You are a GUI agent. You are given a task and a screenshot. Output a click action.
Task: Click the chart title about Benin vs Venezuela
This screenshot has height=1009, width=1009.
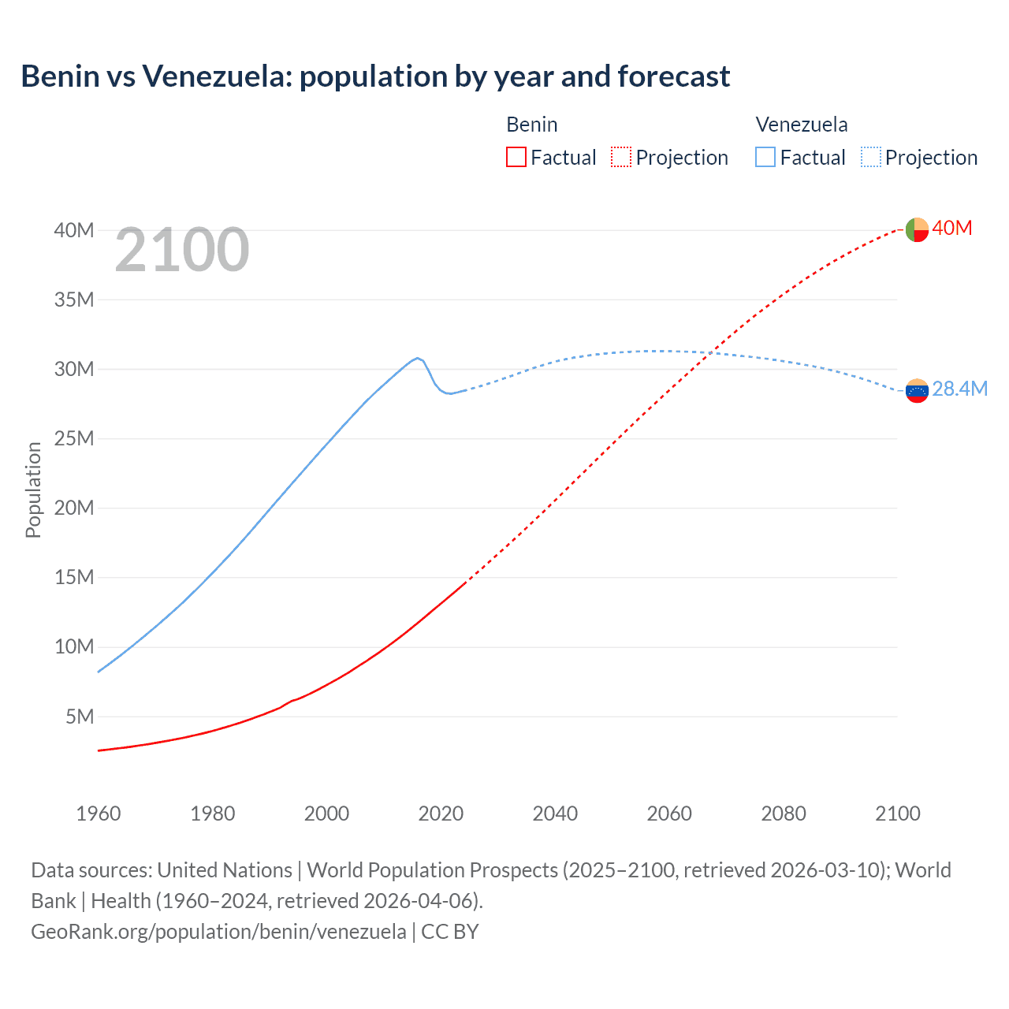(x=375, y=76)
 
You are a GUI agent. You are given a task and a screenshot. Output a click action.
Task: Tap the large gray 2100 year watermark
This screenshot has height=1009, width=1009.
(x=182, y=251)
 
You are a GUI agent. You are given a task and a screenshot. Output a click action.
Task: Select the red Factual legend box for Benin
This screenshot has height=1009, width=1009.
(x=516, y=157)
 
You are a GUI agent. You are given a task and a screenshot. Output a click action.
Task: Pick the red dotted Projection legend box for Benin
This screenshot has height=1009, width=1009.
(x=621, y=157)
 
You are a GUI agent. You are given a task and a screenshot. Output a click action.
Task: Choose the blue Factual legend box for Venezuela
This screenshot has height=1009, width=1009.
(x=765, y=157)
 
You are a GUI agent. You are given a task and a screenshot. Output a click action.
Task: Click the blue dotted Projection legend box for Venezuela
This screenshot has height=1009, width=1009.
(x=871, y=157)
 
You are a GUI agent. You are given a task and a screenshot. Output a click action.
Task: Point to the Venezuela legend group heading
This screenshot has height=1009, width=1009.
(x=802, y=125)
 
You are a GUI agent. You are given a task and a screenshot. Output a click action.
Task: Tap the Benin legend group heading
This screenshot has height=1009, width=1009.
(x=532, y=125)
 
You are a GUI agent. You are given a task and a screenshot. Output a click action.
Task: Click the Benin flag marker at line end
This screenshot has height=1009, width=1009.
(x=917, y=229)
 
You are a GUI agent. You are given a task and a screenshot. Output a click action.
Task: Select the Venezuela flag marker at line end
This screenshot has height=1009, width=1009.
(x=917, y=390)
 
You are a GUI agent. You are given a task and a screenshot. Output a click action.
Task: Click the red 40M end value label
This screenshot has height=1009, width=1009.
(x=952, y=229)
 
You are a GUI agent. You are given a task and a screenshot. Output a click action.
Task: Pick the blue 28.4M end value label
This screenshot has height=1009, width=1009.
(x=960, y=389)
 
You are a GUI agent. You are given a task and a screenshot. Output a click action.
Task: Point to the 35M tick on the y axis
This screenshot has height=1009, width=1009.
(x=74, y=300)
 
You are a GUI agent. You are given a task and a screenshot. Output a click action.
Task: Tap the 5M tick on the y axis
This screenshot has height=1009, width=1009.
(x=80, y=717)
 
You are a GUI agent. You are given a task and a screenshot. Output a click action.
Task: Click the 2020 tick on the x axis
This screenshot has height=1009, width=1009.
(x=441, y=814)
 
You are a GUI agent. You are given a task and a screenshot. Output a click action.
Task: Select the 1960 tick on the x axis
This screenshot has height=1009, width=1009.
(x=99, y=814)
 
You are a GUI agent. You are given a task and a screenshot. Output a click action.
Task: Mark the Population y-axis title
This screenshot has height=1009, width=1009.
(x=33, y=490)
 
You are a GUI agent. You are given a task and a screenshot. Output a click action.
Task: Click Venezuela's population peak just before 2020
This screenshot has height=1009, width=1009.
(x=418, y=358)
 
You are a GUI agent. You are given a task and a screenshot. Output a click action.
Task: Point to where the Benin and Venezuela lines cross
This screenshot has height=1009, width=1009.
(x=712, y=352)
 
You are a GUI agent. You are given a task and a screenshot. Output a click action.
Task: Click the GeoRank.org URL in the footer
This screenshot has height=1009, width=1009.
(x=218, y=932)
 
